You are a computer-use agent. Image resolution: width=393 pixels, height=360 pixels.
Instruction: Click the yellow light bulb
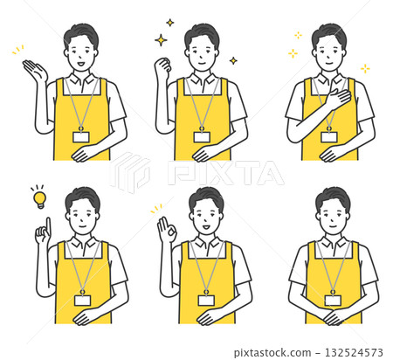[39, 200]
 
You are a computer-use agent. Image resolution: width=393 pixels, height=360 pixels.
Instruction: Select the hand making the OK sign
[166, 230]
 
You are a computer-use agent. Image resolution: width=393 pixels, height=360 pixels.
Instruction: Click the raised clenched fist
[162, 66]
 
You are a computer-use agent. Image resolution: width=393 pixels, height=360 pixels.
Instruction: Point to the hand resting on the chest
[339, 100]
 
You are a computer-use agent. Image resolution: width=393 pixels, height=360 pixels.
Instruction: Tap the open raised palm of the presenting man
[35, 70]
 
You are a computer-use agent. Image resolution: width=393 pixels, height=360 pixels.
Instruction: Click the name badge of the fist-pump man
[202, 136]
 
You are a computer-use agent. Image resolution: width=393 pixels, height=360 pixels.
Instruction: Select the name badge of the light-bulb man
[82, 300]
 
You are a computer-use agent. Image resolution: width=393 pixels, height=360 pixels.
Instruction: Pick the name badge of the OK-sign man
[206, 300]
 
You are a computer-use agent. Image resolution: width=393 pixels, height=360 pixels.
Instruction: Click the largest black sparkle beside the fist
[161, 40]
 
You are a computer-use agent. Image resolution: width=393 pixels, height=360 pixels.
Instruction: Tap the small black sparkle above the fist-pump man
[170, 23]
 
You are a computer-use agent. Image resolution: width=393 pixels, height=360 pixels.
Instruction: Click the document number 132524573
[354, 352]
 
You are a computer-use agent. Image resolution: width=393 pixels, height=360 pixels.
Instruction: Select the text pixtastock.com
[272, 353]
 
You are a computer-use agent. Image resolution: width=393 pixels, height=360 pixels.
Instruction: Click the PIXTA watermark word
[226, 173]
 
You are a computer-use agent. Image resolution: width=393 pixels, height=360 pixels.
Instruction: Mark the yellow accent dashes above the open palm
[17, 50]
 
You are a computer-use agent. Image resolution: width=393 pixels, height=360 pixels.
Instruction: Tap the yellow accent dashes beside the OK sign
[156, 209]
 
